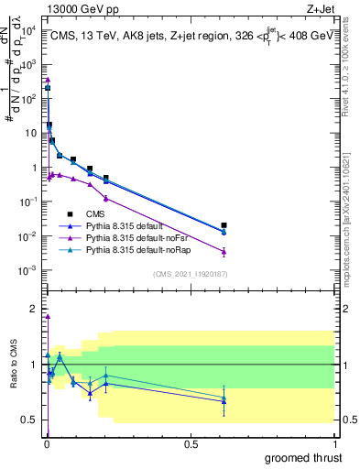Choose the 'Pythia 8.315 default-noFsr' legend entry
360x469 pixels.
pyautogui.click(x=143, y=237)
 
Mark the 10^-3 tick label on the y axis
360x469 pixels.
pyautogui.click(x=28, y=270)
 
